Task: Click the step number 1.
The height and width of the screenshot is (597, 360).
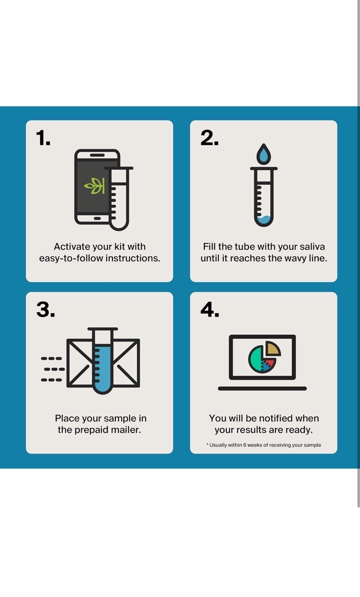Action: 43,138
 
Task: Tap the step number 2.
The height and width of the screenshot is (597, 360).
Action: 210,138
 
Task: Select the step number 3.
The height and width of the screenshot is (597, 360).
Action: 46,310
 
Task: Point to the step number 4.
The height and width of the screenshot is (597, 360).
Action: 210,310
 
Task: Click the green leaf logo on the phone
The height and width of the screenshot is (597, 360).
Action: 94,186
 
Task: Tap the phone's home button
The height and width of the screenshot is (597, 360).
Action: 98,219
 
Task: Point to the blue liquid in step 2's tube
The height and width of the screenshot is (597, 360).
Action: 264,220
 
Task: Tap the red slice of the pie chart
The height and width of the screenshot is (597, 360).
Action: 270,362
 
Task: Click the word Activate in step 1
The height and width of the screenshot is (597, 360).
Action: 72,247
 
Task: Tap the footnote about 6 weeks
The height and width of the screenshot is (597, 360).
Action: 264,445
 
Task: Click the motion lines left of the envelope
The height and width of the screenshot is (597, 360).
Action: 53,369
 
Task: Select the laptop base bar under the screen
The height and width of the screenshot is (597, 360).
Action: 262,388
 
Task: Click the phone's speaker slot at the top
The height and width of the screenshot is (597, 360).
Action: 98,155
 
